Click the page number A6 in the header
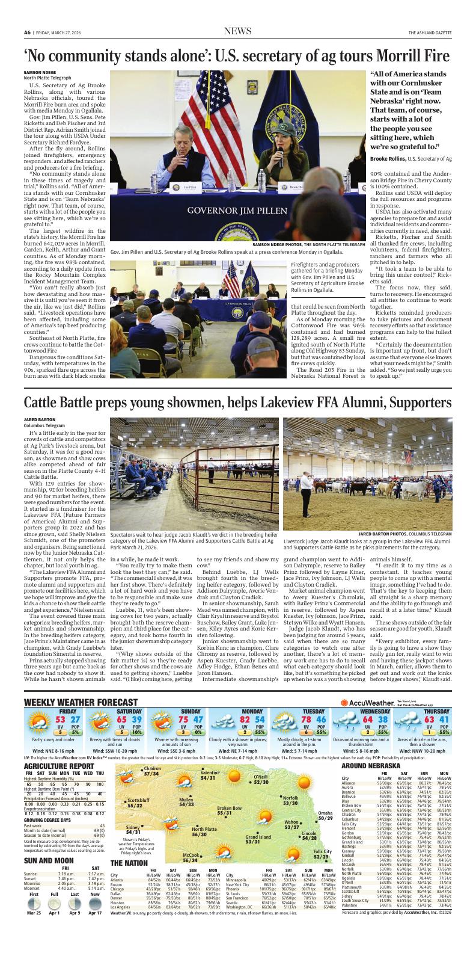click(27, 32)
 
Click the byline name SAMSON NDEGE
click(40, 72)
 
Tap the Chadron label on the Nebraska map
click(151, 768)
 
